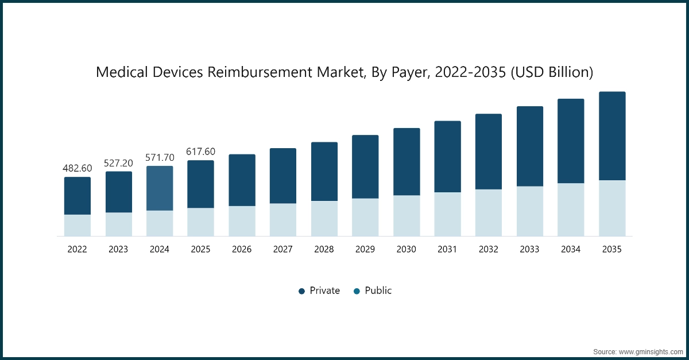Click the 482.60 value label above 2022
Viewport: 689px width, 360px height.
pos(78,168)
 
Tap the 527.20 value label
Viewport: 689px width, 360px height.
pos(118,163)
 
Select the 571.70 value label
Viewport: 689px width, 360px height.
pos(160,157)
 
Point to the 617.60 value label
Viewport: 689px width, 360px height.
pos(200,152)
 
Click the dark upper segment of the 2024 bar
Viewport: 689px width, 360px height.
pos(160,188)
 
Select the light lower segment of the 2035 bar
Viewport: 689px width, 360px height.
pos(612,208)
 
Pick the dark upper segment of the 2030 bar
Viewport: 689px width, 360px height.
pos(407,162)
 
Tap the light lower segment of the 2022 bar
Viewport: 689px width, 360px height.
pos(78,225)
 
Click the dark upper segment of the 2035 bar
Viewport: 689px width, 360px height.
pos(612,136)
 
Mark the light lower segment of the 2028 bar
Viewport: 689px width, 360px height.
pos(324,218)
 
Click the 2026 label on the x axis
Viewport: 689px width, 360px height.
pos(242,250)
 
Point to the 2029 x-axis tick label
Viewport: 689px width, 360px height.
pos(365,250)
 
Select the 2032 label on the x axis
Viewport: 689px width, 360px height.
pos(489,250)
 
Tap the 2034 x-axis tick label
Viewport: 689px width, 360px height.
pos(571,250)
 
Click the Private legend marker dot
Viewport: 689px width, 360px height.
pos(301,291)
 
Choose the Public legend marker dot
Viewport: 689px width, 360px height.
pos(357,291)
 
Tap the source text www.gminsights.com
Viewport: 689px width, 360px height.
pos(652,350)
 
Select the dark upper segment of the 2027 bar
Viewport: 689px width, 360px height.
pos(283,176)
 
